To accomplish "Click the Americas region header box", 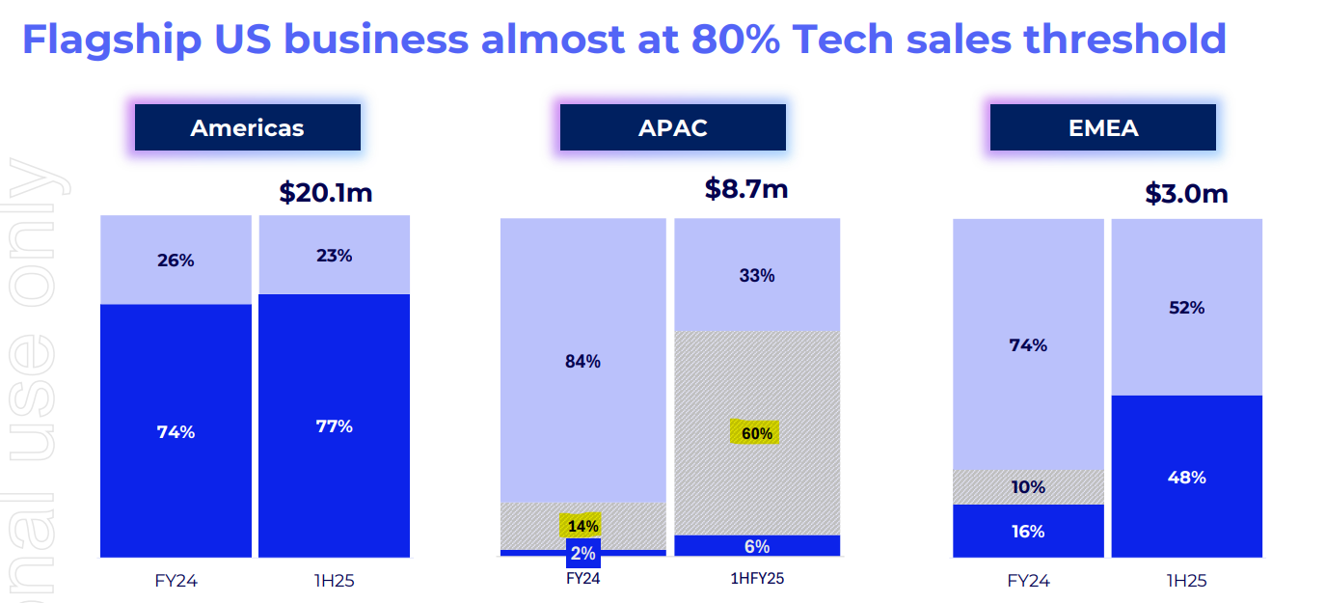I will tap(247, 127).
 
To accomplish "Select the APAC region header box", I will tap(672, 127).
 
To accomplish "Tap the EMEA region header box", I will tap(1102, 127).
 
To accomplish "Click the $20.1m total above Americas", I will tap(325, 192).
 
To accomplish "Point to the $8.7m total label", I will tap(745, 188).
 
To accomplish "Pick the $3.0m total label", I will tap(1186, 193).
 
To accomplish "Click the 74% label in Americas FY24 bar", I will tap(176, 432).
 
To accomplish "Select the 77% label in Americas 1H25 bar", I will tap(333, 426).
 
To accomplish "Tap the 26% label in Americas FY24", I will tap(176, 260).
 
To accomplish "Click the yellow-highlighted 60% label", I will tap(756, 433).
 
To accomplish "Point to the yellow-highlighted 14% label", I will tap(582, 526).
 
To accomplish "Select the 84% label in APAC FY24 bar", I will tap(582, 362).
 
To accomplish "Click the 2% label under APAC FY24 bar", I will tap(582, 554).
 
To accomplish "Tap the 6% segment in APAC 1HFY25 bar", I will tap(756, 546).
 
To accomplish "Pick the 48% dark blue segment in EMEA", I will tap(1186, 478).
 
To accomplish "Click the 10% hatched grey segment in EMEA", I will tap(1028, 487).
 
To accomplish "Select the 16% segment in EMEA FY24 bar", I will tap(1028, 531).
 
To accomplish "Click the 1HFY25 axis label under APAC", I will tap(756, 579).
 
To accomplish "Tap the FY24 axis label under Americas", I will tap(176, 581).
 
